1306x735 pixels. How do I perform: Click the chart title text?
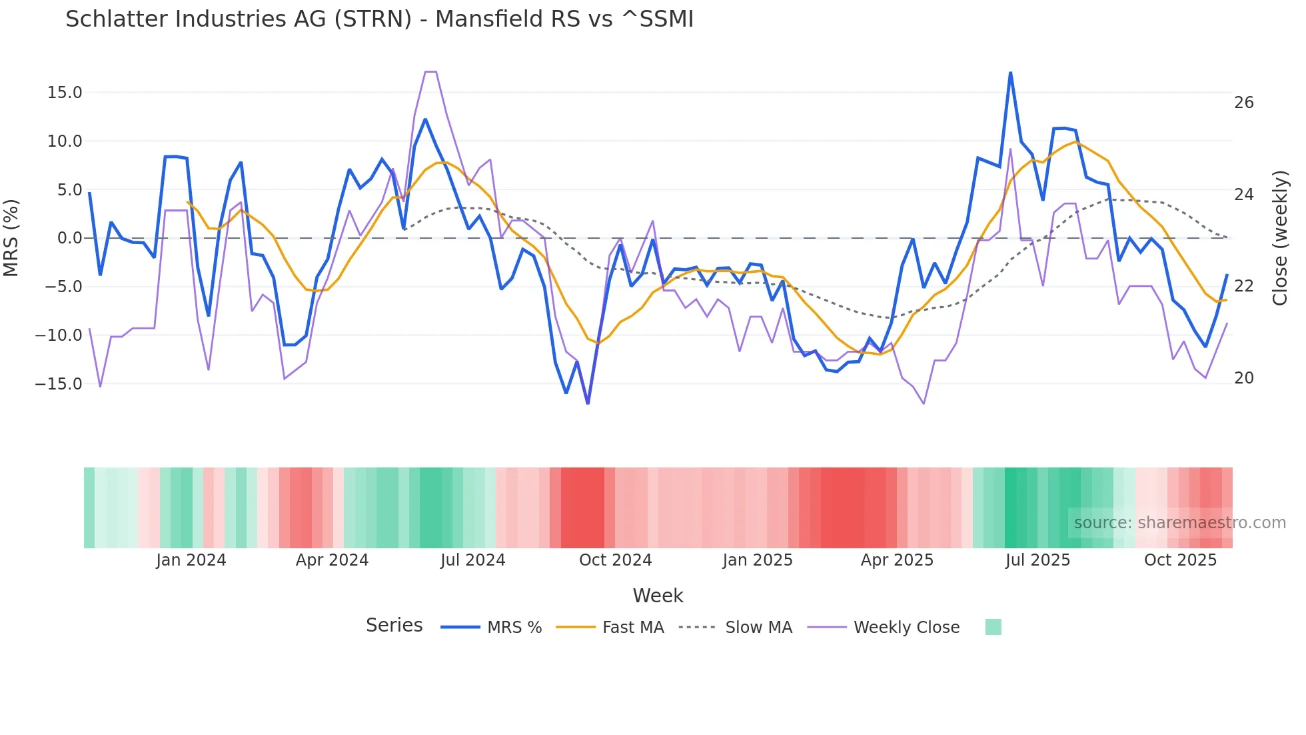pyautogui.click(x=379, y=19)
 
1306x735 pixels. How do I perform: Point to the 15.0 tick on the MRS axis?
pyautogui.click(x=65, y=93)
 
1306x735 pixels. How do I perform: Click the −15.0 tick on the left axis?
pyautogui.click(x=59, y=384)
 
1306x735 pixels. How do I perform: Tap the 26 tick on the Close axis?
pyautogui.click(x=1243, y=103)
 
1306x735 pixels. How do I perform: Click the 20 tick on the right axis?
pyautogui.click(x=1243, y=378)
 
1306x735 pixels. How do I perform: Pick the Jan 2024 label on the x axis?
pyautogui.click(x=191, y=560)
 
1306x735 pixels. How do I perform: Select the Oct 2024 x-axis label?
pyautogui.click(x=615, y=560)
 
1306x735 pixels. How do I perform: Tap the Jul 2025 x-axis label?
pyautogui.click(x=1037, y=560)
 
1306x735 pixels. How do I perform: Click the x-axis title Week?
pyautogui.click(x=658, y=596)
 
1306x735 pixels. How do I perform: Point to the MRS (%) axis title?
pyautogui.click(x=11, y=237)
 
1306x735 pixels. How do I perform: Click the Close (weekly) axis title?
pyautogui.click(x=1280, y=237)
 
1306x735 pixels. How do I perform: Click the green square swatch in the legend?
pyautogui.click(x=993, y=627)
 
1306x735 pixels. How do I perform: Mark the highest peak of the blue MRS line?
pyautogui.click(x=1010, y=73)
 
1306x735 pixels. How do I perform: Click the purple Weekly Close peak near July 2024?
pyautogui.click(x=430, y=71)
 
